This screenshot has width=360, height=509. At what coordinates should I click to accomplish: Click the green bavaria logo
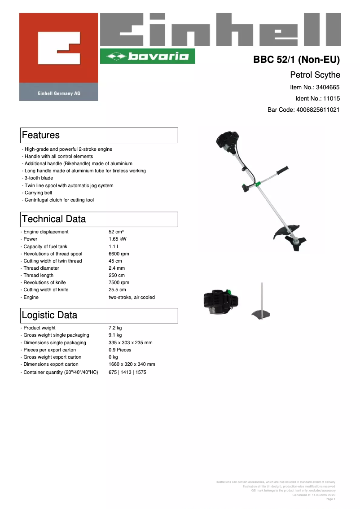(147, 56)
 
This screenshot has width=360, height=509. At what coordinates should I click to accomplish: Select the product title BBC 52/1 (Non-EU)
(297, 60)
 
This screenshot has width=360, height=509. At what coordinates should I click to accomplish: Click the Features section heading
(41, 135)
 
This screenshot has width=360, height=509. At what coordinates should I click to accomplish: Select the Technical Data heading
(54, 219)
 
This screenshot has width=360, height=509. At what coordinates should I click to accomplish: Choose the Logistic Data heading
(49, 315)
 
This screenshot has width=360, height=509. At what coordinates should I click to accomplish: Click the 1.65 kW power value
(118, 239)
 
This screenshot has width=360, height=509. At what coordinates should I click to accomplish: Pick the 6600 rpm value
(119, 254)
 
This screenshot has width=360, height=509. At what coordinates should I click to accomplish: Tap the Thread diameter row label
(41, 268)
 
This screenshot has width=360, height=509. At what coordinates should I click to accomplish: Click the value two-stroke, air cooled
(132, 297)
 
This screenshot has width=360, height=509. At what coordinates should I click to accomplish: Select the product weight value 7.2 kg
(115, 328)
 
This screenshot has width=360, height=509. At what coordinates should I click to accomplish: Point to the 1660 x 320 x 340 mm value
(132, 364)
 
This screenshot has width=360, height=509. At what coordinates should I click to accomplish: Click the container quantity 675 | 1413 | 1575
(127, 372)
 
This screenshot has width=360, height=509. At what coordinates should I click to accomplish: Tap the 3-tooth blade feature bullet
(39, 178)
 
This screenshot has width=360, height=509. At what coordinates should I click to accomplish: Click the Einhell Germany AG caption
(58, 93)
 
